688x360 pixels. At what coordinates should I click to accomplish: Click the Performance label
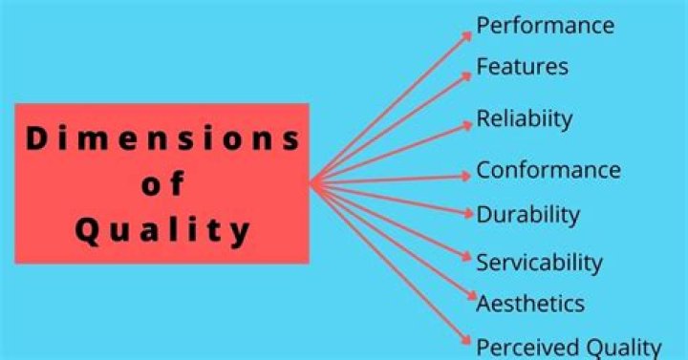545,26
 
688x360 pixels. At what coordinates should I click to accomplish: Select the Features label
522,67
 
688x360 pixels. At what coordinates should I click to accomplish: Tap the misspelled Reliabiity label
524,119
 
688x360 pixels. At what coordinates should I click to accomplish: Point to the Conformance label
548,171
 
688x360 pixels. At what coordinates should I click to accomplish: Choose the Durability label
527,214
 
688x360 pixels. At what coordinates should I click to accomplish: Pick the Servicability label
539,262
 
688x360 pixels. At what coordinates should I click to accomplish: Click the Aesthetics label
530,304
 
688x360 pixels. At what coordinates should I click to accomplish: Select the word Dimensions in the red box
161,139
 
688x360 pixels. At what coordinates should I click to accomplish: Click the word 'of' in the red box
161,184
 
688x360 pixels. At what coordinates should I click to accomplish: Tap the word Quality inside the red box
161,229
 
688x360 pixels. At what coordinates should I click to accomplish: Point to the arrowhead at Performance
467,35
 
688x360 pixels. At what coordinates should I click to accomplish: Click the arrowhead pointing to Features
467,74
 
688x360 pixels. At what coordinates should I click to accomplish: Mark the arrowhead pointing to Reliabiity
467,123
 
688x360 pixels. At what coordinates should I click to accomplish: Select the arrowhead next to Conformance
467,176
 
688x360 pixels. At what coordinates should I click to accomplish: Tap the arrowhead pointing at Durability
467,215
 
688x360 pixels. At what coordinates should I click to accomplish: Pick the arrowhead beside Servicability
467,259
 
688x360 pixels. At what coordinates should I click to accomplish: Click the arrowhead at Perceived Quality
467,341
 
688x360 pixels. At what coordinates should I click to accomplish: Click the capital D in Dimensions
35,139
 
